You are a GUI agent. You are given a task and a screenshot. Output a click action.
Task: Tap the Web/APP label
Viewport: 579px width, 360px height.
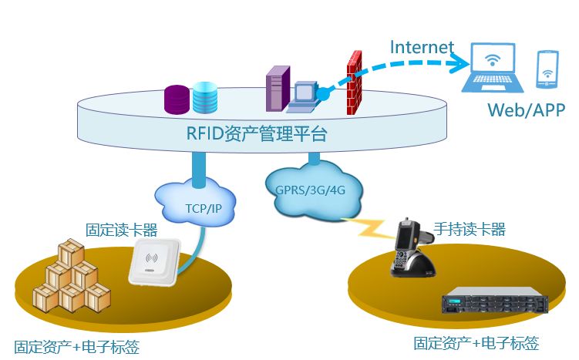click(526, 110)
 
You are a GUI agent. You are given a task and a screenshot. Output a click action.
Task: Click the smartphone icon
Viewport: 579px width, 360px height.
click(547, 68)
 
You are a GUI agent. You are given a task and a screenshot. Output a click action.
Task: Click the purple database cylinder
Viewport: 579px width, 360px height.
click(177, 99)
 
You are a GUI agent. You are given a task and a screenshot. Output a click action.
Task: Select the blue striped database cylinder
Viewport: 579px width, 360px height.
click(205, 97)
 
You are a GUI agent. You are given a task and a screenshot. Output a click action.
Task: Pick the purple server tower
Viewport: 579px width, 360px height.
click(275, 89)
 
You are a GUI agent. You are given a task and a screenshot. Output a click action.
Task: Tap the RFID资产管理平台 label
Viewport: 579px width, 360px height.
click(257, 134)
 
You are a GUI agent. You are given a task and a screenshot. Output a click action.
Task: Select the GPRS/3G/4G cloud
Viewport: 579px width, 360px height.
click(311, 190)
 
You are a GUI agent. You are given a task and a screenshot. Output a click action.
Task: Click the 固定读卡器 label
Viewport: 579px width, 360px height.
click(121, 229)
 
